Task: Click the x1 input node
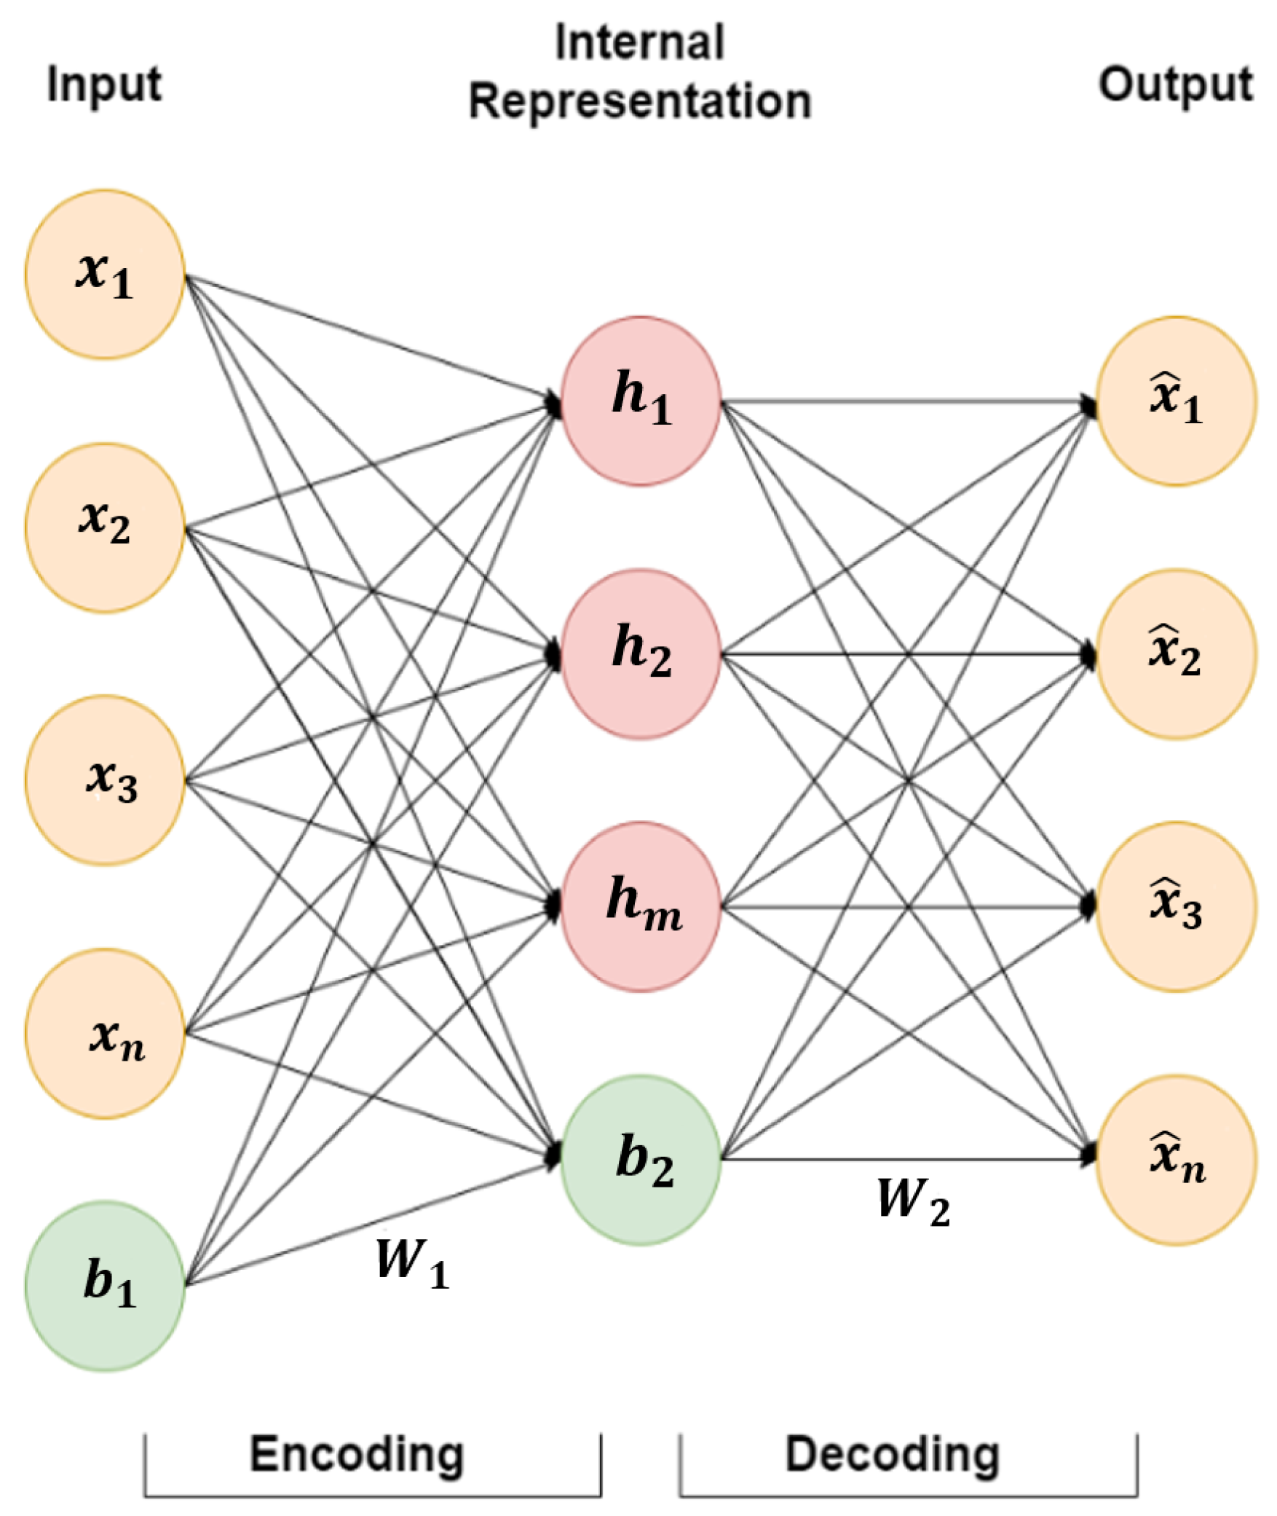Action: click(105, 275)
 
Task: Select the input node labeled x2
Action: click(105, 527)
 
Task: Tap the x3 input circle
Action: click(105, 780)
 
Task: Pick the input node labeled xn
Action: click(105, 1033)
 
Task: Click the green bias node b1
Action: click(105, 1286)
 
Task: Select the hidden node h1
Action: click(641, 401)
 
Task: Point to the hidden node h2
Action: click(641, 653)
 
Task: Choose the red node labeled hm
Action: click(641, 906)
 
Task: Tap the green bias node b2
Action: click(641, 1159)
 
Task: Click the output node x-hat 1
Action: click(1177, 401)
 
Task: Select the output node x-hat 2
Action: click(1177, 653)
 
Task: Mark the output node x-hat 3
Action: click(1177, 906)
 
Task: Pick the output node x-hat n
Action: click(1177, 1159)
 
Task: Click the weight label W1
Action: click(412, 1262)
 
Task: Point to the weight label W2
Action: click(913, 1201)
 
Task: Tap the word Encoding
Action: click(357, 1454)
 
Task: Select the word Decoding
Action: click(893, 1454)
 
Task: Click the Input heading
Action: click(104, 85)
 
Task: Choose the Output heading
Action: click(1175, 85)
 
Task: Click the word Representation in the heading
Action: click(640, 101)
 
